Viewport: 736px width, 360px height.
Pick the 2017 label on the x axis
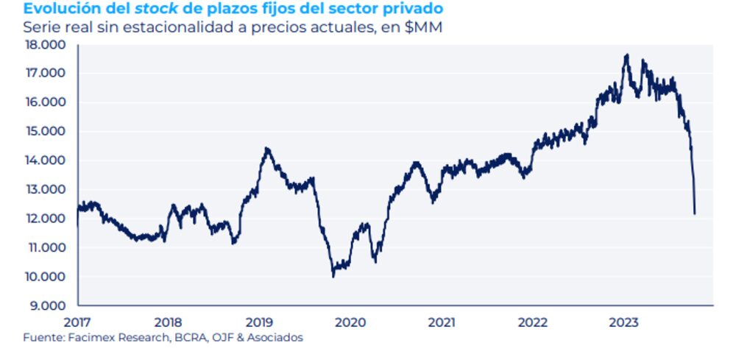point(77,322)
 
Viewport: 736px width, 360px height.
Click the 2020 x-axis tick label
point(350,322)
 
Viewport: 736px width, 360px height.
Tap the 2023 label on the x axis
point(625,322)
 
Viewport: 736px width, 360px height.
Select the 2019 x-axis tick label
point(259,322)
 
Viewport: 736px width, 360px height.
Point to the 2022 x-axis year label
point(533,322)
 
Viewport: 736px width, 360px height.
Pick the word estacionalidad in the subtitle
point(191,27)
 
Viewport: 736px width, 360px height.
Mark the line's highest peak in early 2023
point(626,55)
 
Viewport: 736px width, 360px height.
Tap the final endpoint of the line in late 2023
point(694,213)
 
